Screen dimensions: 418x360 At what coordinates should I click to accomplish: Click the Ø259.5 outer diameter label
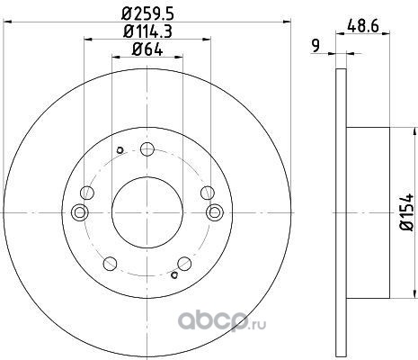147,13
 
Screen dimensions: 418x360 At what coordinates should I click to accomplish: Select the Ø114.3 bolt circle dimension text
147,31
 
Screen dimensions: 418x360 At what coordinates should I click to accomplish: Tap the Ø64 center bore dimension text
147,49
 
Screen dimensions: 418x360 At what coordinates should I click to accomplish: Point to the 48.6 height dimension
363,26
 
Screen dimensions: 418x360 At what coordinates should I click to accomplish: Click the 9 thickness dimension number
316,46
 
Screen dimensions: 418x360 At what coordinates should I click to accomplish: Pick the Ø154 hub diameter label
406,212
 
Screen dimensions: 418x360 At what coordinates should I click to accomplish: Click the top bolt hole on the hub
147,149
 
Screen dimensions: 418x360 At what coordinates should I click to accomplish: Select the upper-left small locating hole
120,150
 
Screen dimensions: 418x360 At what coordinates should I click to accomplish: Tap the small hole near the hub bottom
174,274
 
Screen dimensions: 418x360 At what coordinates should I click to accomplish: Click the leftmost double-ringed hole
80,212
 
